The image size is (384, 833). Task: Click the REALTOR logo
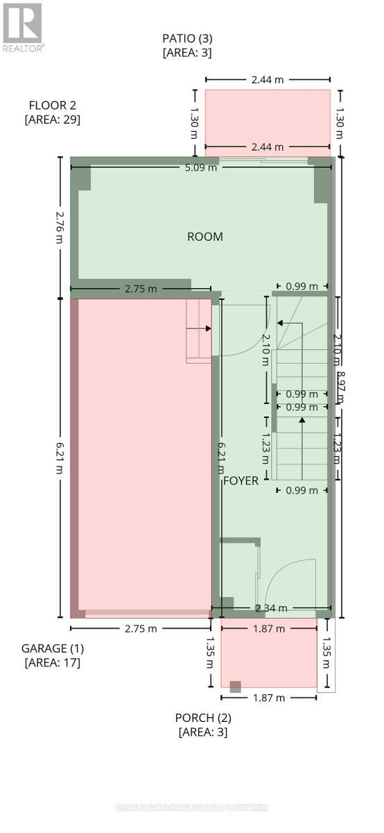(23, 26)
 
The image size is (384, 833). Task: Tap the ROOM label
(205, 237)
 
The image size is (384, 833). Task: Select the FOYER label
(241, 480)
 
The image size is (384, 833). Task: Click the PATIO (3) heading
(187, 39)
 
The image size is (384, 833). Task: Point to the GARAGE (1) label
(53, 648)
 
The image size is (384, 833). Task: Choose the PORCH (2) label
(203, 717)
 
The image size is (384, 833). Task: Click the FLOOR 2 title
(53, 106)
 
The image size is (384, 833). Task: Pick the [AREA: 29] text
(53, 119)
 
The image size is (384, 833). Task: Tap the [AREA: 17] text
(53, 662)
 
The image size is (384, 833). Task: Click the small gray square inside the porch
(236, 687)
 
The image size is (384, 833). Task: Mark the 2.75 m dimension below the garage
(141, 628)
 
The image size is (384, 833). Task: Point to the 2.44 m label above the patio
(267, 80)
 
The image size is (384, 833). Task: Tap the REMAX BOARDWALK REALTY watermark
(192, 807)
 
